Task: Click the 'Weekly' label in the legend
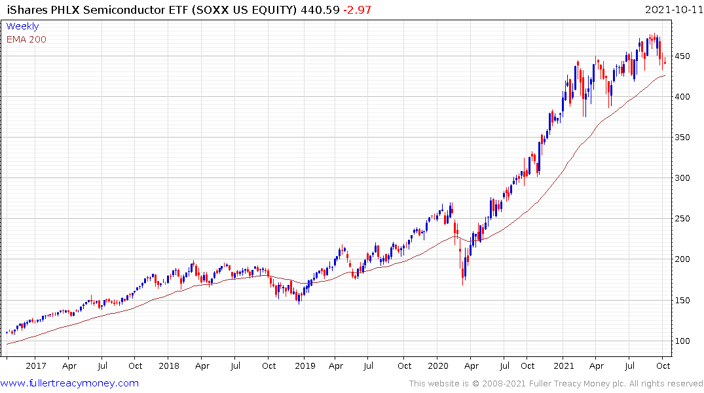(22, 26)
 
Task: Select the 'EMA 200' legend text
(26, 39)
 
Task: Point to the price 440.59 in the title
(317, 10)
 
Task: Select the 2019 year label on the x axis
(303, 365)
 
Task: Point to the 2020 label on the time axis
(437, 365)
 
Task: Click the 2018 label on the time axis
(169, 365)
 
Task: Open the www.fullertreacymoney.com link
(69, 383)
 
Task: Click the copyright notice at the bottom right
(556, 384)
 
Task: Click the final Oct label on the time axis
(662, 365)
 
